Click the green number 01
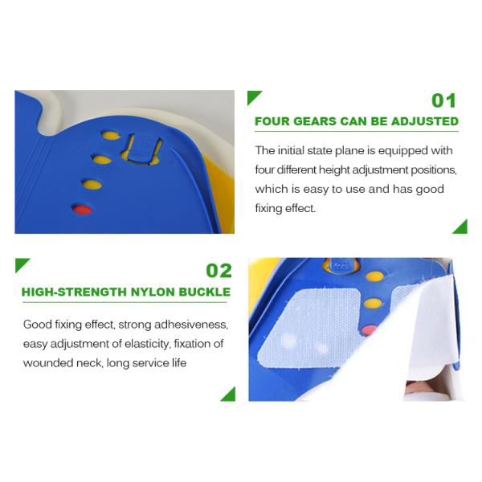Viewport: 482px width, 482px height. point(443,101)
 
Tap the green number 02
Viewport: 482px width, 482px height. point(219,271)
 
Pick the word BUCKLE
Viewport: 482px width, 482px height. point(204,292)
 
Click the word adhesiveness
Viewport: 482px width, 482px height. point(191,325)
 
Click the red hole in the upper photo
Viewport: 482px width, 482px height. point(82,210)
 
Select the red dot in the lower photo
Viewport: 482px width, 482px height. point(369,330)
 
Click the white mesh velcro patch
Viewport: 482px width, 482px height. point(308,328)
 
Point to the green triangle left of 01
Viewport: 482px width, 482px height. point(253,96)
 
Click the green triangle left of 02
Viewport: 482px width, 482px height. point(21,263)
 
